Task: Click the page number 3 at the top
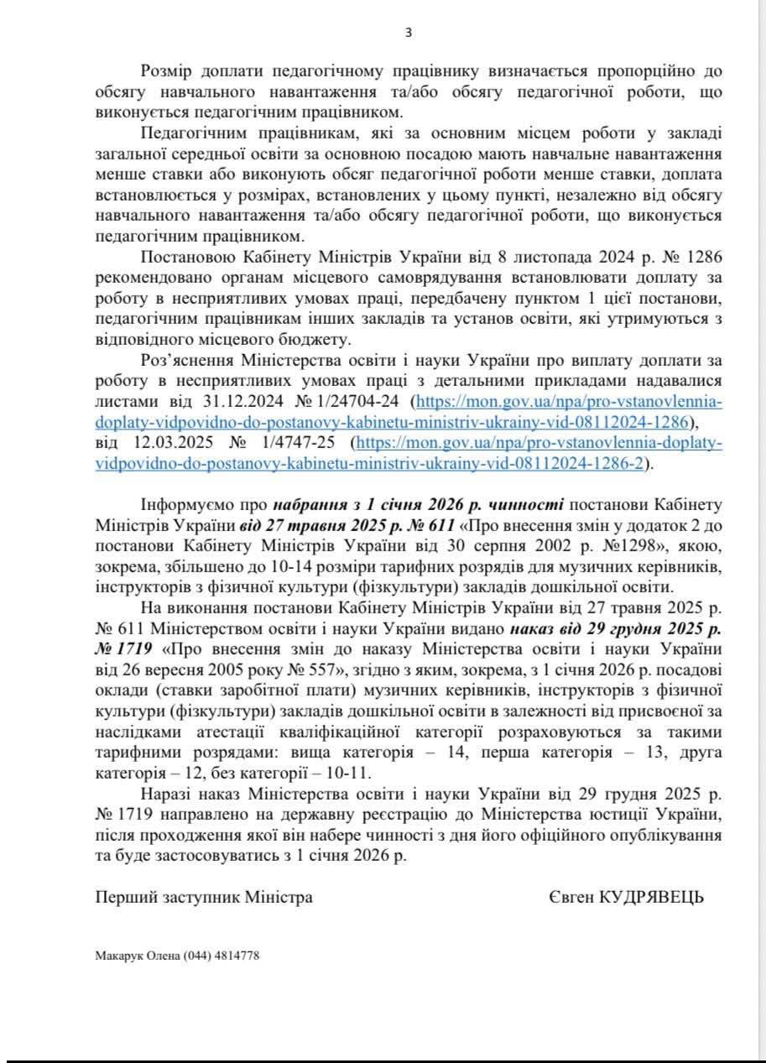click(409, 33)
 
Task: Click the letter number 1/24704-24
click(347, 402)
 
